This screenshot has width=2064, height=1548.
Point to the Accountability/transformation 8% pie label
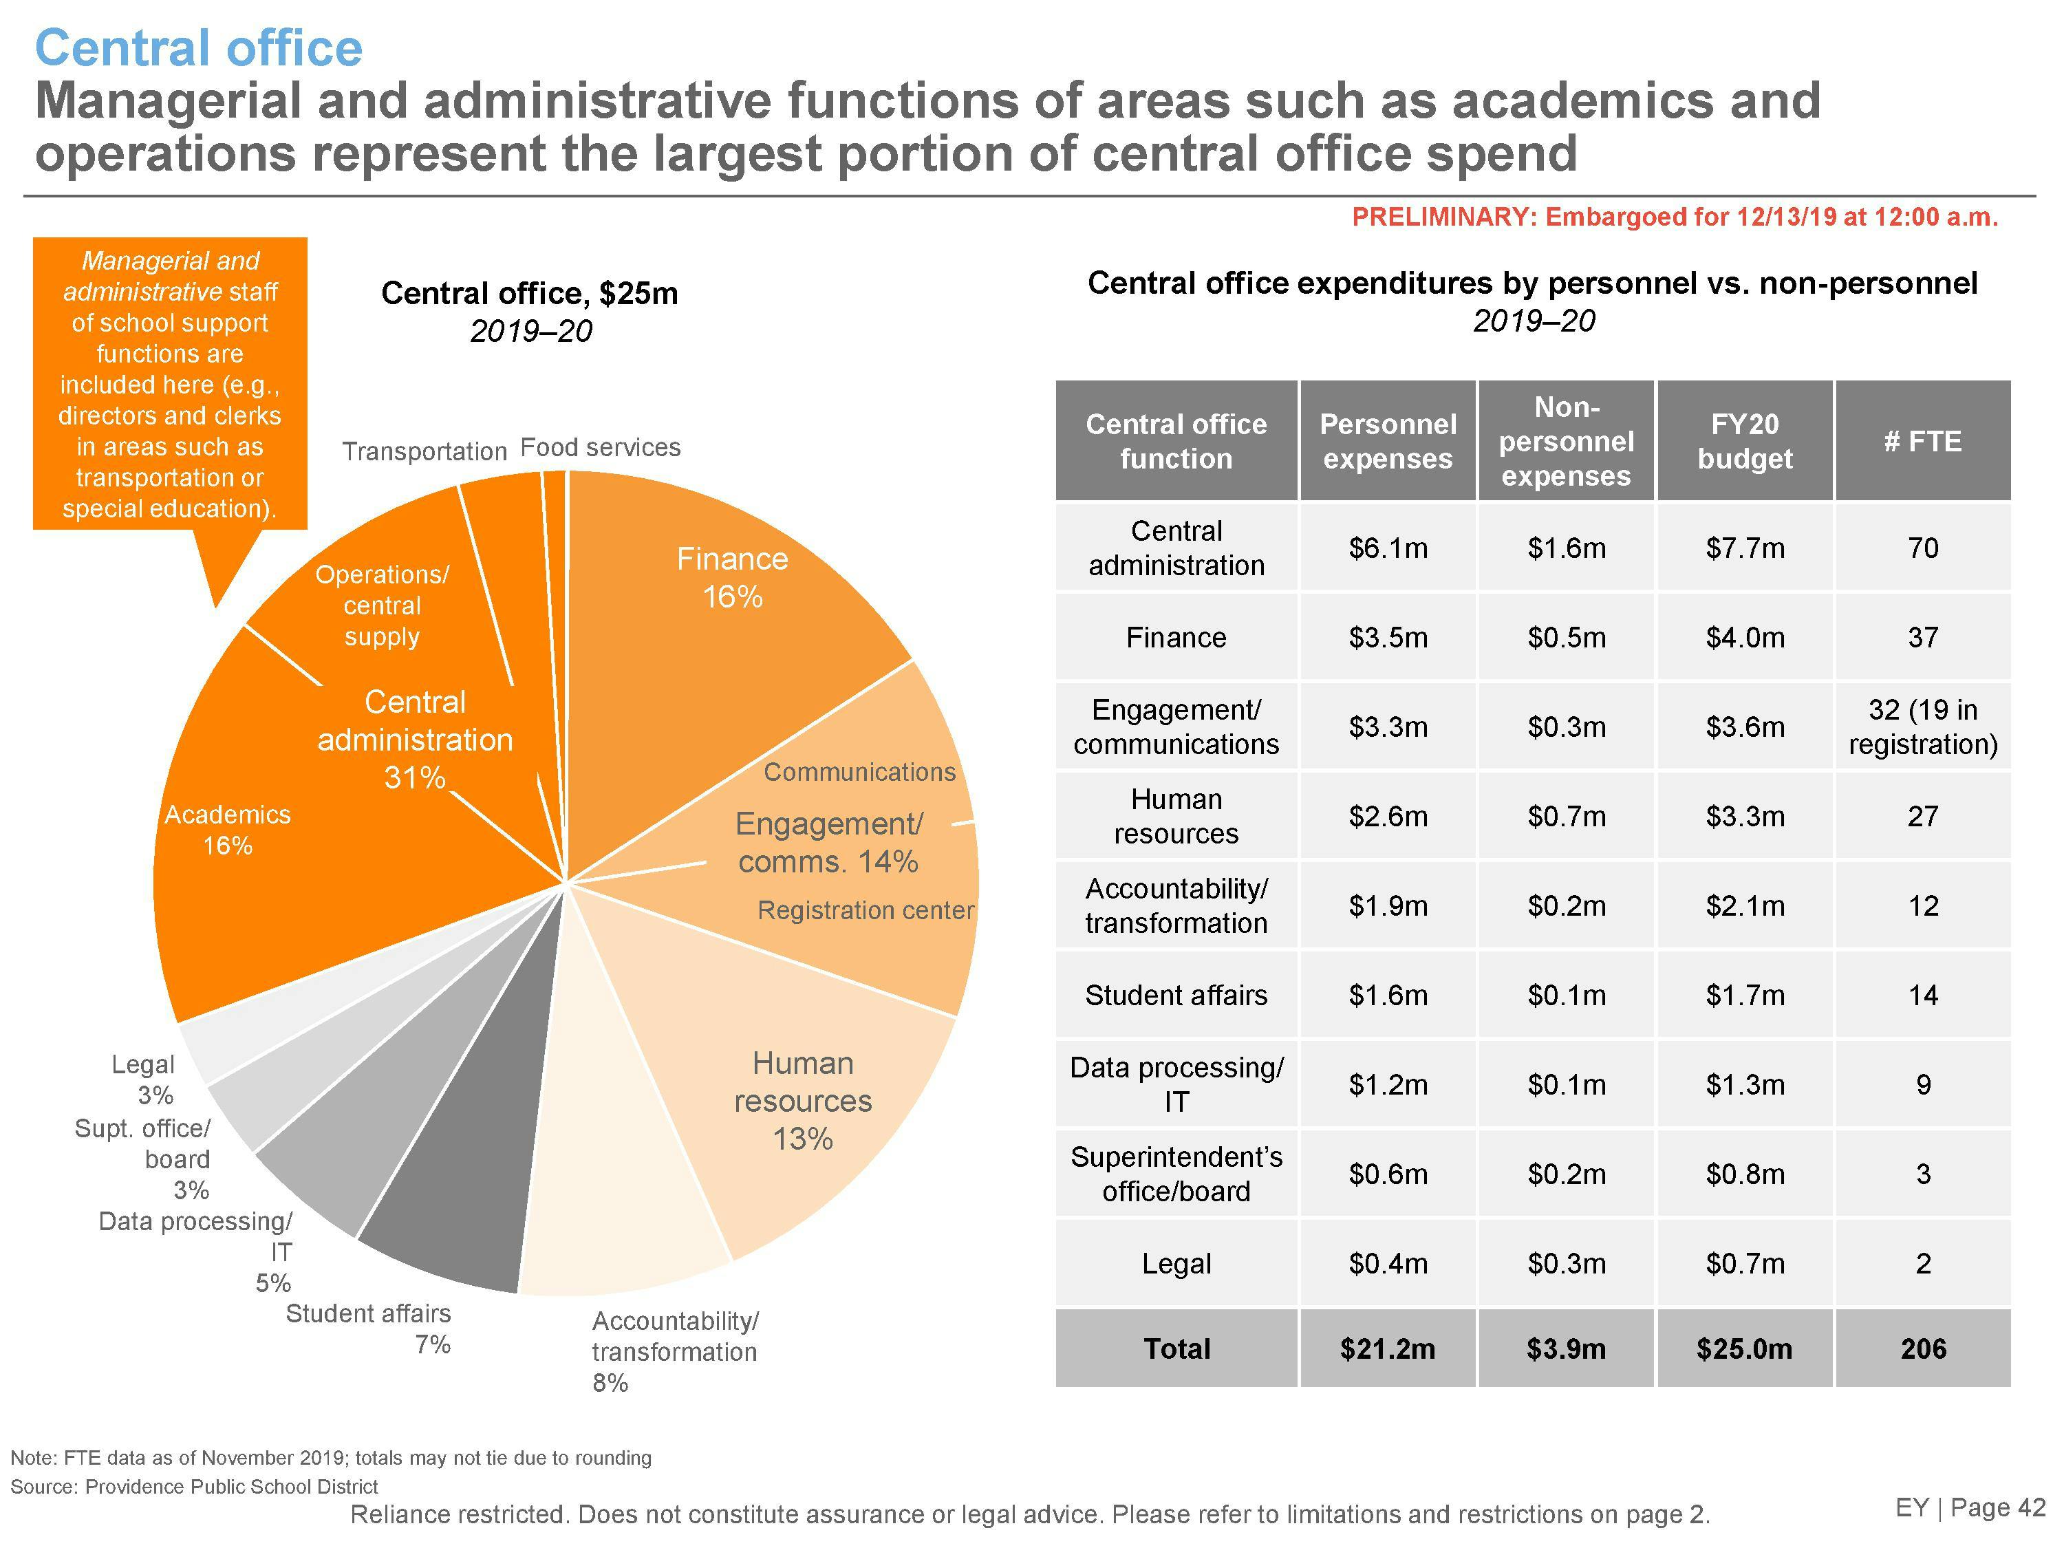coord(675,1351)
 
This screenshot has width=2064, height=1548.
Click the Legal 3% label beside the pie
coord(144,1079)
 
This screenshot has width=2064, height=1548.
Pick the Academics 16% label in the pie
coord(228,830)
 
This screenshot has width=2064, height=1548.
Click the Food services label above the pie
coord(600,448)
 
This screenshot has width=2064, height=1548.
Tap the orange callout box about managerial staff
coord(170,383)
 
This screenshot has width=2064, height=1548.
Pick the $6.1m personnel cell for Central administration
coord(1388,548)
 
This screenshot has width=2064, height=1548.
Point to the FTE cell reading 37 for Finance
coord(1922,637)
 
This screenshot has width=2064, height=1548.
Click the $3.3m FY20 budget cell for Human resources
coord(1744,817)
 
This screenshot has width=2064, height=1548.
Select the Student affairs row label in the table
coord(1176,996)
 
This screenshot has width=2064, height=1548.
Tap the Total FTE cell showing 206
coord(1922,1348)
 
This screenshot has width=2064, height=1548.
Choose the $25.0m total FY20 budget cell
coord(1744,1348)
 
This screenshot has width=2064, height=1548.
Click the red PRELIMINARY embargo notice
coord(1675,217)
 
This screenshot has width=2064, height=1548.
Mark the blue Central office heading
coord(199,49)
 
